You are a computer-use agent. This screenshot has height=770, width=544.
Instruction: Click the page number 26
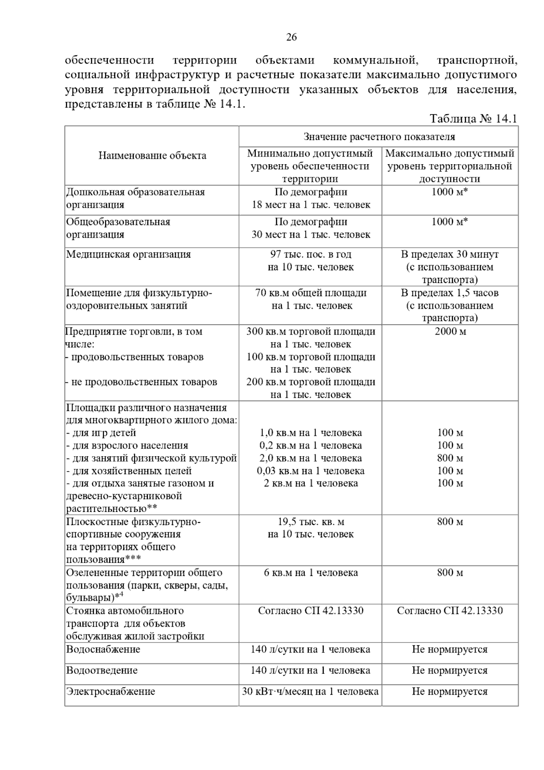coord(291,37)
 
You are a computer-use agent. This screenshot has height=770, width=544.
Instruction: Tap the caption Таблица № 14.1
coord(473,119)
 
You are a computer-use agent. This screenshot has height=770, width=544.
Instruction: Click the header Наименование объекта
coord(152,156)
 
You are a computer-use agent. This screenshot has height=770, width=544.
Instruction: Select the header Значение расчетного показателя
coord(379,136)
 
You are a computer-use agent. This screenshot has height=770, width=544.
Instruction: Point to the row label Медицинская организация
coord(128,254)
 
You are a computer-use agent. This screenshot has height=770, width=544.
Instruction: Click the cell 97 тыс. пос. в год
coord(311,254)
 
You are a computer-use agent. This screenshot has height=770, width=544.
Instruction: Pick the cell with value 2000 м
coord(450,331)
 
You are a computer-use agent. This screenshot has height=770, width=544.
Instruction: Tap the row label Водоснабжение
coord(103,649)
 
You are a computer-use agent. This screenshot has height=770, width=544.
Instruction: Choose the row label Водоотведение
coord(102,670)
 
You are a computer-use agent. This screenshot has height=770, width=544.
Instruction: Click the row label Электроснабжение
coord(111,692)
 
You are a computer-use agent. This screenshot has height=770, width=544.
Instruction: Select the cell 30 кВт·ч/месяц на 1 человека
coord(310,692)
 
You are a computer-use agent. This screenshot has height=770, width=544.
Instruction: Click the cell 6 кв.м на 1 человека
coord(311,572)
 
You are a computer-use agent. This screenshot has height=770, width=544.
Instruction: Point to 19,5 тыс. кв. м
coord(311,521)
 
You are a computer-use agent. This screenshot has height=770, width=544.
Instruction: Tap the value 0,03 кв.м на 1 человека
coord(311,471)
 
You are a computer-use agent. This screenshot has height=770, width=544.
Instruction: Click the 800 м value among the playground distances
coord(450,458)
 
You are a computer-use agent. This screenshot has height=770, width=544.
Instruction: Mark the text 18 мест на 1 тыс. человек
coord(311,205)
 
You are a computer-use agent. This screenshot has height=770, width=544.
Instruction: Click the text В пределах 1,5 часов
coord(450,292)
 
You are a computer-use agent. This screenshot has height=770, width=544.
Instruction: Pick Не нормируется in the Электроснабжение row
coord(450,692)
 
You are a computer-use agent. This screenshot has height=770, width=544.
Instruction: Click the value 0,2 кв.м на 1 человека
coord(311,445)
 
